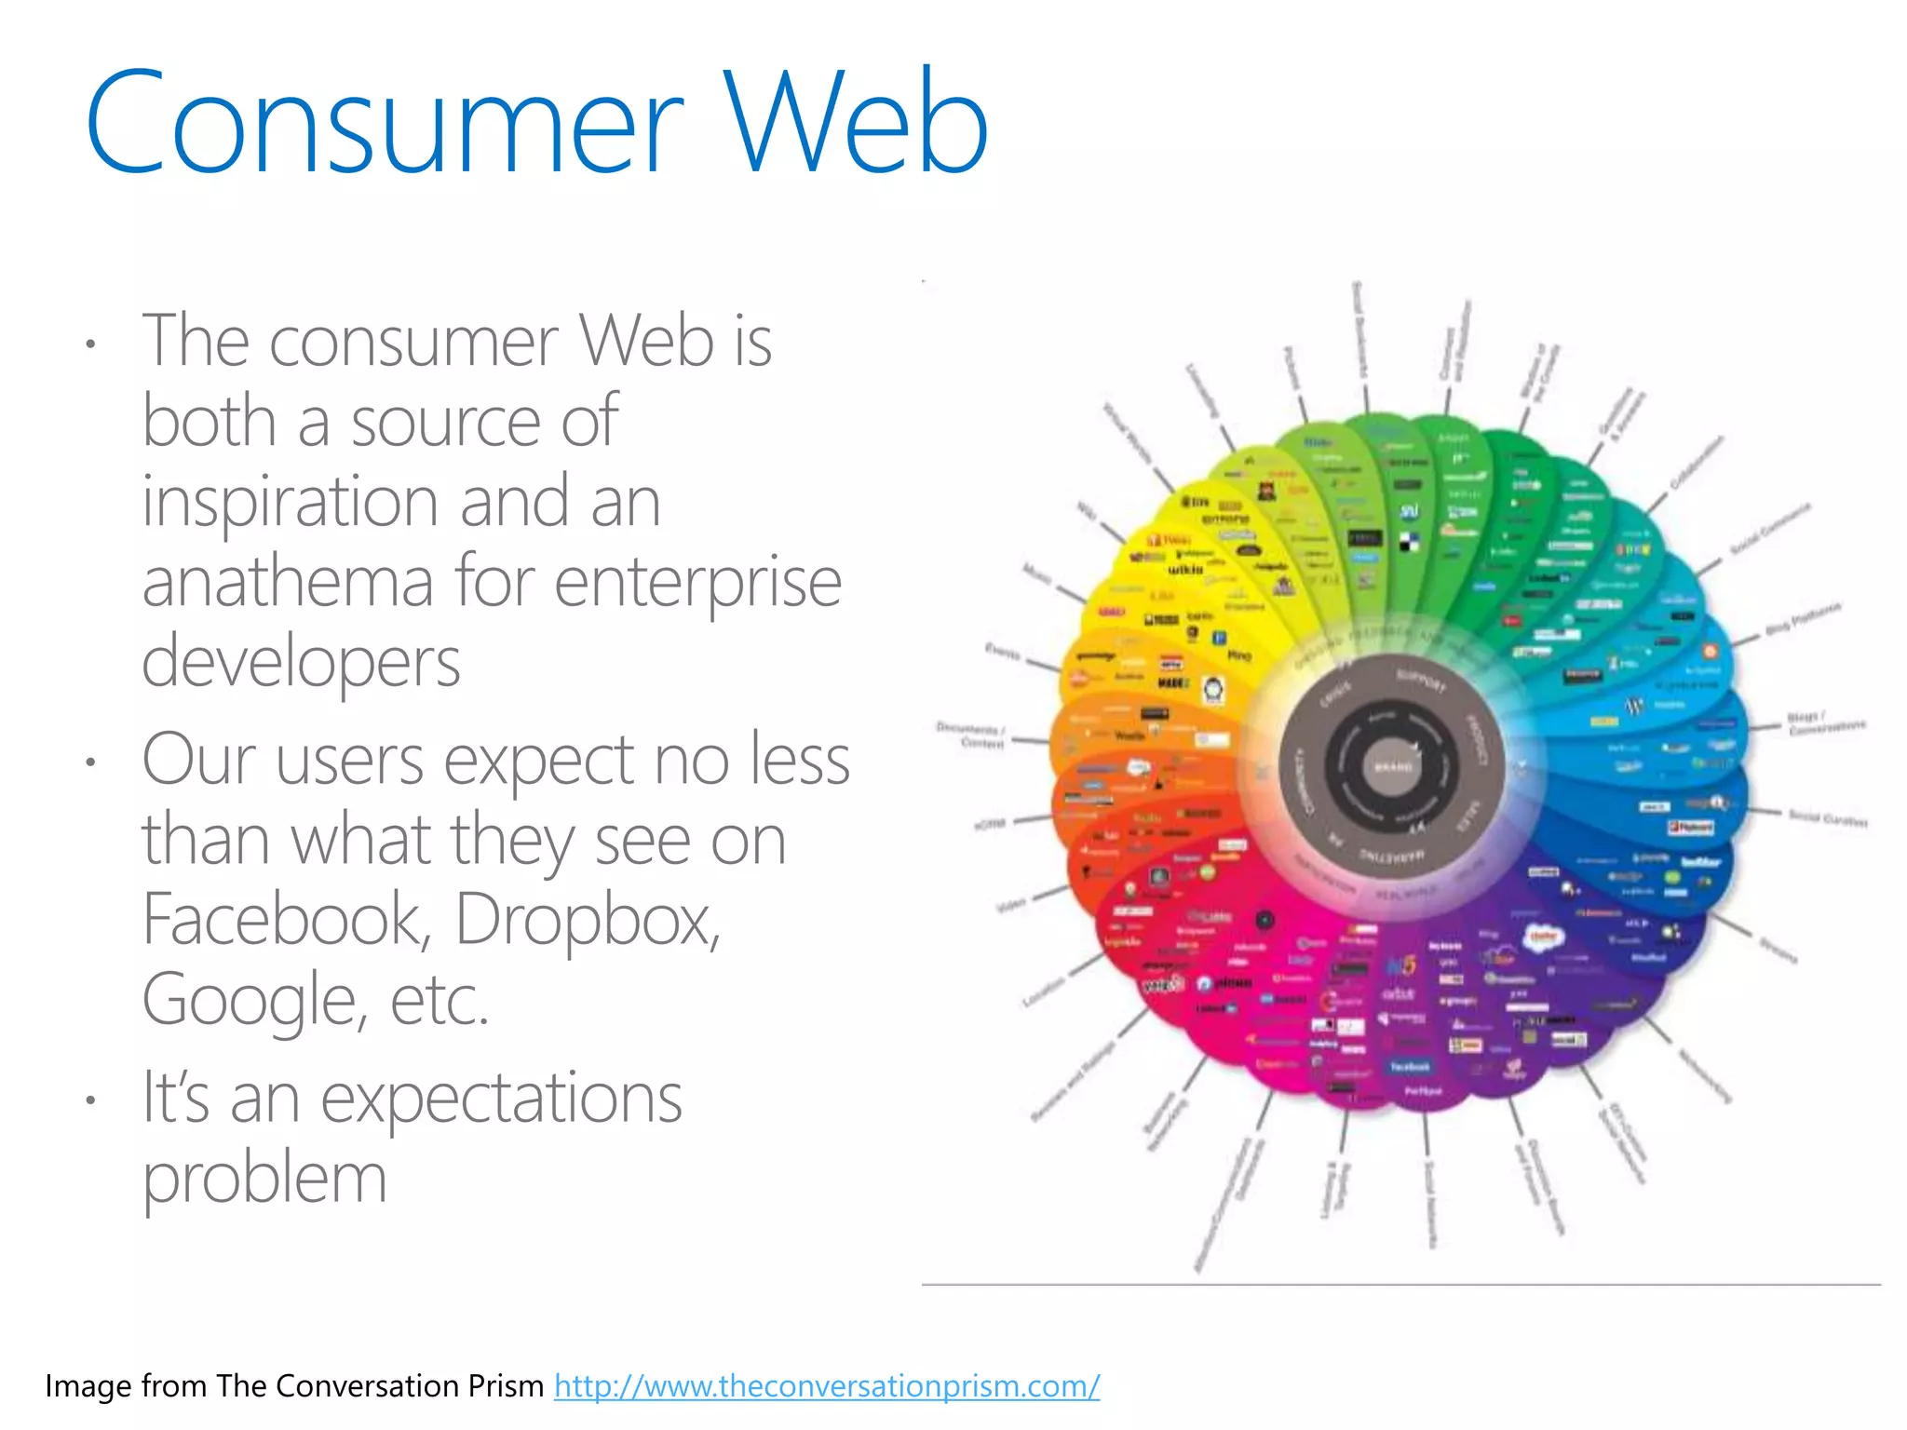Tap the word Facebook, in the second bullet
[x=285, y=920]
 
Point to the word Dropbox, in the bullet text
[x=588, y=920]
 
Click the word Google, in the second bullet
[x=250, y=1000]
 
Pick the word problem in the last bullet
[x=264, y=1179]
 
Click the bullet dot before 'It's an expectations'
[x=89, y=1100]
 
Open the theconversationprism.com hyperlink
[x=827, y=1385]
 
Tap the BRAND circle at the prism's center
[x=1393, y=767]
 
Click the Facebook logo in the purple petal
[x=1410, y=1067]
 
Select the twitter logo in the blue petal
[x=1700, y=861]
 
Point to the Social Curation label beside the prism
[x=1827, y=818]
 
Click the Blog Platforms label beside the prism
[x=1803, y=618]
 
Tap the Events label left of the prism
[x=1003, y=651]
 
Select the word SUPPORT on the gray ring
[x=1421, y=680]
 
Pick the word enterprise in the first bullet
[x=698, y=581]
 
